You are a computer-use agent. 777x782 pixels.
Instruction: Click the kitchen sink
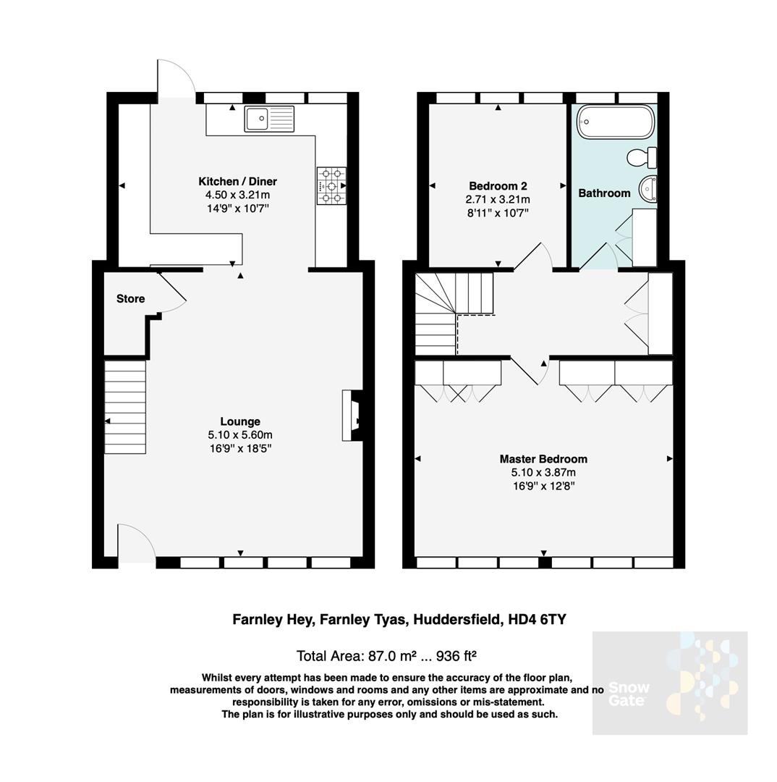(269, 119)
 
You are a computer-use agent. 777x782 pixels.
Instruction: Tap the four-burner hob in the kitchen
(331, 185)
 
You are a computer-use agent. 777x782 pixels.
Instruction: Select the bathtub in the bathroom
(615, 122)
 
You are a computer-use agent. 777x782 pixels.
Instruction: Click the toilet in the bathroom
(641, 156)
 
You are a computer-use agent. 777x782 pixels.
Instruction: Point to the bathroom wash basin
(647, 188)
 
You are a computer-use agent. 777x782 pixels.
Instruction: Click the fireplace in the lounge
(352, 416)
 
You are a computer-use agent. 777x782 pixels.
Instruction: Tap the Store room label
(130, 298)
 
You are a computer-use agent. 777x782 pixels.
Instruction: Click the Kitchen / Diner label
(237, 181)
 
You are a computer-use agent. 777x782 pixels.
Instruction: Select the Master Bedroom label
(543, 459)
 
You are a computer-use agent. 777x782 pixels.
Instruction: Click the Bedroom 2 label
(497, 185)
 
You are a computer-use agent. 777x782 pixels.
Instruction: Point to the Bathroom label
(604, 193)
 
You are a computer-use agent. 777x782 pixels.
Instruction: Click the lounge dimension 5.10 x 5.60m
(239, 435)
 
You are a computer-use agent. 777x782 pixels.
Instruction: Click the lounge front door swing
(136, 542)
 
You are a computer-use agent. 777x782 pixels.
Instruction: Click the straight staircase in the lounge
(125, 407)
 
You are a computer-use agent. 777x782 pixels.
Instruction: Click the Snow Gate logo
(669, 683)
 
